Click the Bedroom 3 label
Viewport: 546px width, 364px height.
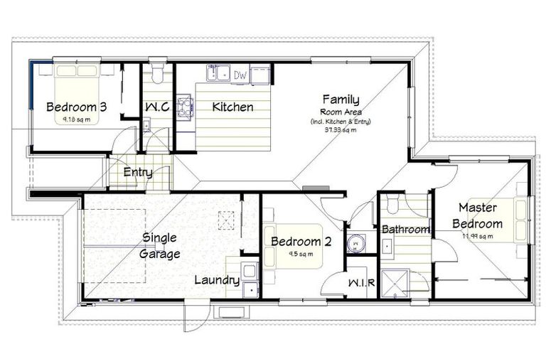click(x=76, y=107)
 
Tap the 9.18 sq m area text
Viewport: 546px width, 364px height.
click(x=77, y=119)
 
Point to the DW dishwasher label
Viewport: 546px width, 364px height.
click(x=240, y=74)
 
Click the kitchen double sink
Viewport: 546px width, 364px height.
click(x=217, y=73)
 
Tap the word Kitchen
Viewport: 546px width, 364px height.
click(x=233, y=107)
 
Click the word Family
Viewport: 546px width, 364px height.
click(x=341, y=100)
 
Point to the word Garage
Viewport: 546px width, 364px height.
click(x=159, y=253)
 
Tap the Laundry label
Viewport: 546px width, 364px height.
click(x=217, y=280)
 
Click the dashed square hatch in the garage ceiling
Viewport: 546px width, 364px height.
click(x=227, y=222)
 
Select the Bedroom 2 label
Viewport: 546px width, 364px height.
click(x=301, y=242)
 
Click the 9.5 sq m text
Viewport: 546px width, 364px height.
click(x=301, y=254)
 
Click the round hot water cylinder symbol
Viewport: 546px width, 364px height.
click(x=355, y=243)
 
